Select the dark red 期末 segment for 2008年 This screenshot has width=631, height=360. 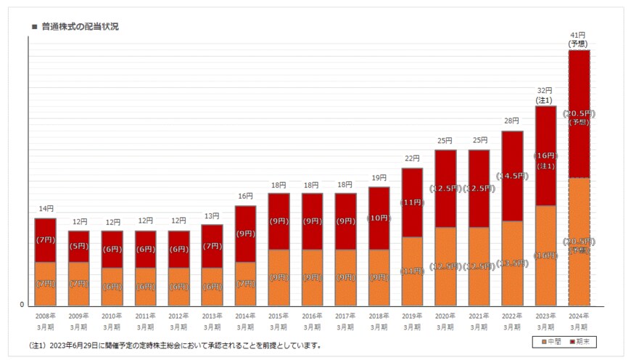tap(46, 240)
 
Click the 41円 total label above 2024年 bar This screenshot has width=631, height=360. tap(578, 35)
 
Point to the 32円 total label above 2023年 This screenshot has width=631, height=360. tap(545, 91)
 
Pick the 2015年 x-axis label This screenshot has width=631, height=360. tap(279, 321)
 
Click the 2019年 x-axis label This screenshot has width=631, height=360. tap(412, 321)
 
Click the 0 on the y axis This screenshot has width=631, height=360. tap(22, 305)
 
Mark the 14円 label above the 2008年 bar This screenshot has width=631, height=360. tap(46, 209)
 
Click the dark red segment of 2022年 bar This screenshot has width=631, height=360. tap(512, 176)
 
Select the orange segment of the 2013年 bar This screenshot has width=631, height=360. tap(212, 287)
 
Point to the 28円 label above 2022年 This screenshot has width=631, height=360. tap(512, 121)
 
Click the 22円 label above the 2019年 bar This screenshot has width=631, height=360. tap(412, 158)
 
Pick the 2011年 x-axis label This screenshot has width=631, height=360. tap(146, 321)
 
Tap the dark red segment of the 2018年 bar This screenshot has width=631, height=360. tap(379, 218)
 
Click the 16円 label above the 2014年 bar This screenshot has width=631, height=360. tap(245, 196)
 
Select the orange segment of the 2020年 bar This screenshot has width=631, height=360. tap(445, 266)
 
